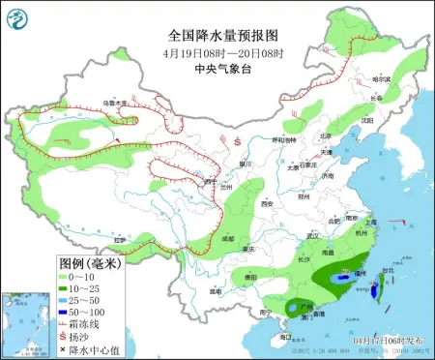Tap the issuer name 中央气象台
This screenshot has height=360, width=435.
(217, 42)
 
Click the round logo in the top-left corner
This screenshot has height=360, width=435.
(16, 15)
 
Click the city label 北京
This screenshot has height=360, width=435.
(325, 135)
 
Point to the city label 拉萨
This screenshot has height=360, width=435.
(120, 239)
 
